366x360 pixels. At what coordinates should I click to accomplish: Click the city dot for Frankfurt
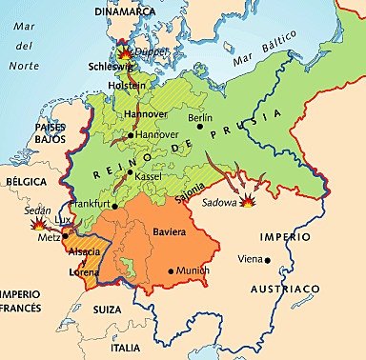point(114,205)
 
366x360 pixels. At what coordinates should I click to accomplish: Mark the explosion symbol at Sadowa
point(249,201)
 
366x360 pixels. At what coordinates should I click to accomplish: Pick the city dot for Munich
point(172,271)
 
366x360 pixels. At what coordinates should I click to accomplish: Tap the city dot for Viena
point(268,259)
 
